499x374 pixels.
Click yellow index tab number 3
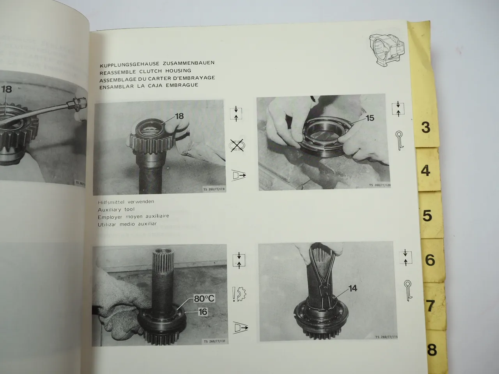click(x=426, y=127)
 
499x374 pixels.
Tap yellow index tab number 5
click(x=428, y=215)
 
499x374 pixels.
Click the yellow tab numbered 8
click(x=432, y=349)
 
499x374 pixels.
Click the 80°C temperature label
click(x=204, y=299)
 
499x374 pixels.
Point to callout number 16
click(x=203, y=312)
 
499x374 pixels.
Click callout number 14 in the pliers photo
click(x=352, y=288)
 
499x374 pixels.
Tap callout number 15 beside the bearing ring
click(x=369, y=118)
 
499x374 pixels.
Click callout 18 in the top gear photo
click(x=179, y=116)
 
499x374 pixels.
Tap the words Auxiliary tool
click(x=116, y=209)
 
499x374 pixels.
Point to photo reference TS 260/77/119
click(x=214, y=190)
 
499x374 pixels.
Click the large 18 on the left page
click(x=7, y=89)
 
